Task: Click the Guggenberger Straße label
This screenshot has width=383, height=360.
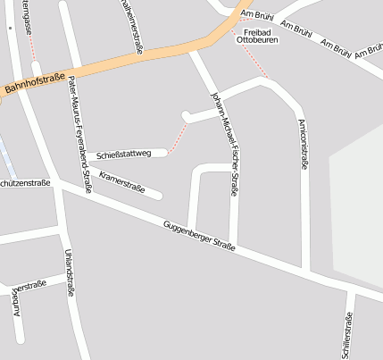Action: pyautogui.click(x=200, y=237)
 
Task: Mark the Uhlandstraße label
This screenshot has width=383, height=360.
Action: pyautogui.click(x=70, y=272)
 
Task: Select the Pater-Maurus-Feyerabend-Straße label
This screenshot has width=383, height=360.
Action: pyautogui.click(x=80, y=134)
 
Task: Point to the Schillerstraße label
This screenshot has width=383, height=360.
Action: pyautogui.click(x=349, y=335)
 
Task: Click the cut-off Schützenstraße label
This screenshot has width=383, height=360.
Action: pyautogui.click(x=25, y=183)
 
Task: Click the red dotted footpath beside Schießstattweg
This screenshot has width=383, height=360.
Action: pyautogui.click(x=179, y=138)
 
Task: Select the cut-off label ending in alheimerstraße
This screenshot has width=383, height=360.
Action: pyautogui.click(x=131, y=27)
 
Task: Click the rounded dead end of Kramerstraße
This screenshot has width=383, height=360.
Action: pyautogui.click(x=158, y=196)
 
